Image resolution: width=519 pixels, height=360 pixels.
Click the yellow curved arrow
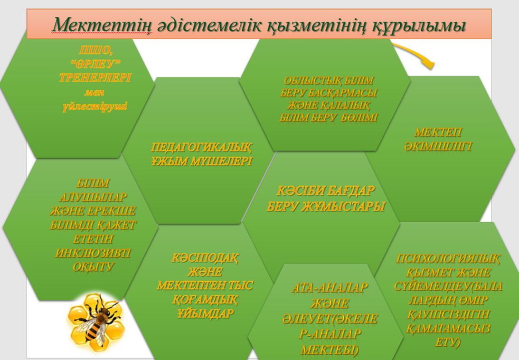(x=414, y=53)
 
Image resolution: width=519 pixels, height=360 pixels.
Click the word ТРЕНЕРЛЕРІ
(x=95, y=78)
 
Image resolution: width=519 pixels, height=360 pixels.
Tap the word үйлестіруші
(x=94, y=107)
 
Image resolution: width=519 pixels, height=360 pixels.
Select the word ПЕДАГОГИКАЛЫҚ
(x=201, y=147)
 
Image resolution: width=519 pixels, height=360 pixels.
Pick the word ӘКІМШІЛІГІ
(x=438, y=146)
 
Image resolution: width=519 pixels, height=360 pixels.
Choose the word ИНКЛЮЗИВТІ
(x=93, y=253)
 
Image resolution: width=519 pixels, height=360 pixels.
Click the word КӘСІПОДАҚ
(x=205, y=258)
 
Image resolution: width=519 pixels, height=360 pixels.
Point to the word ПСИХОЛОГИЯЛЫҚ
(x=448, y=259)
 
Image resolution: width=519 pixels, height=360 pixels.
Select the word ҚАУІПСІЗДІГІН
(x=448, y=314)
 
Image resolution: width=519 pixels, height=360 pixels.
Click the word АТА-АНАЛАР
(x=330, y=288)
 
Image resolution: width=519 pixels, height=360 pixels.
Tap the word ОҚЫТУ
(x=94, y=267)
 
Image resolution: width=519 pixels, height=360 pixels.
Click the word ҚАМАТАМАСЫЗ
(x=448, y=329)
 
